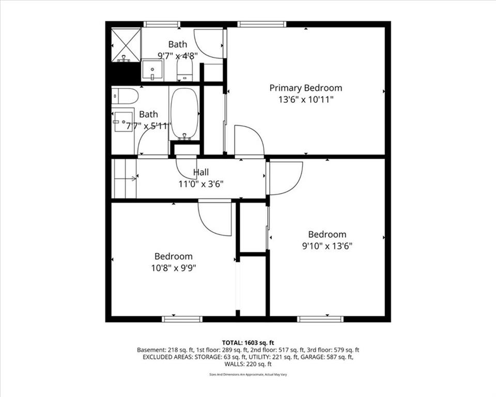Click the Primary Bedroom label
(x=305, y=88)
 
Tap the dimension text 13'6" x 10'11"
(x=305, y=99)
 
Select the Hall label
(x=201, y=172)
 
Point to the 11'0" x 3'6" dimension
(x=201, y=183)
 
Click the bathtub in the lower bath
(x=184, y=114)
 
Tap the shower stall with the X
(x=126, y=44)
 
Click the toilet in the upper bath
(x=184, y=70)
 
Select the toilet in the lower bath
(x=125, y=96)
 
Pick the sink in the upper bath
(x=152, y=70)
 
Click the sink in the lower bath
(x=123, y=121)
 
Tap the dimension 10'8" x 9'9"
(x=173, y=268)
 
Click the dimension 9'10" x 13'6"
(x=327, y=246)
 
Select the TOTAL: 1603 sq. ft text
(x=247, y=342)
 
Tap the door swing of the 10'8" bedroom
(x=214, y=218)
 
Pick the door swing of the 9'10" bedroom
(x=284, y=178)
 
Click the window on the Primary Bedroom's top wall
(x=262, y=24)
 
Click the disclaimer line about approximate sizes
(x=247, y=373)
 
